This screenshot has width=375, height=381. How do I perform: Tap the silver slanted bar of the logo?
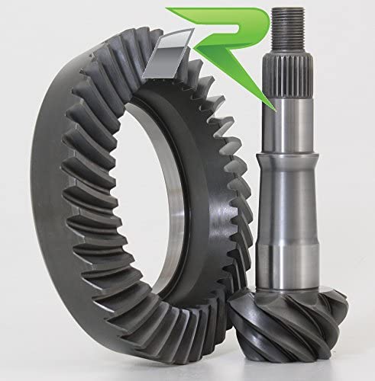tap(168, 56)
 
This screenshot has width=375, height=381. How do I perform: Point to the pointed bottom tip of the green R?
tap(274, 110)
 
